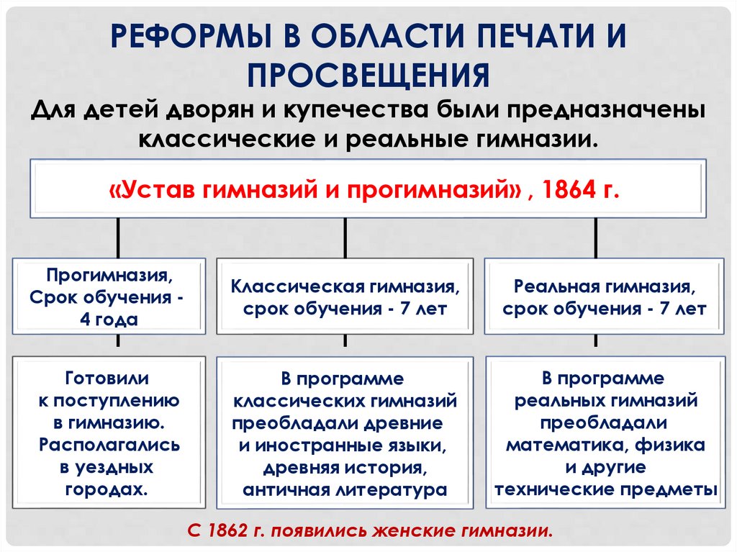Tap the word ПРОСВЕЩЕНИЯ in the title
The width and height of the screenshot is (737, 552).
point(368,74)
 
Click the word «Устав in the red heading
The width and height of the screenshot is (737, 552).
point(152,191)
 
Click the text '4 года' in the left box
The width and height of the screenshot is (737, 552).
point(109,320)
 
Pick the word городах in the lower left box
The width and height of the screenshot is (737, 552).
point(107,489)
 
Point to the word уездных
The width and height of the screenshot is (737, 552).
point(107,467)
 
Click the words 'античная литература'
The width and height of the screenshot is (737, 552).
point(345,490)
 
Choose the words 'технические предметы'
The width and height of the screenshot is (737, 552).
point(605,489)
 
